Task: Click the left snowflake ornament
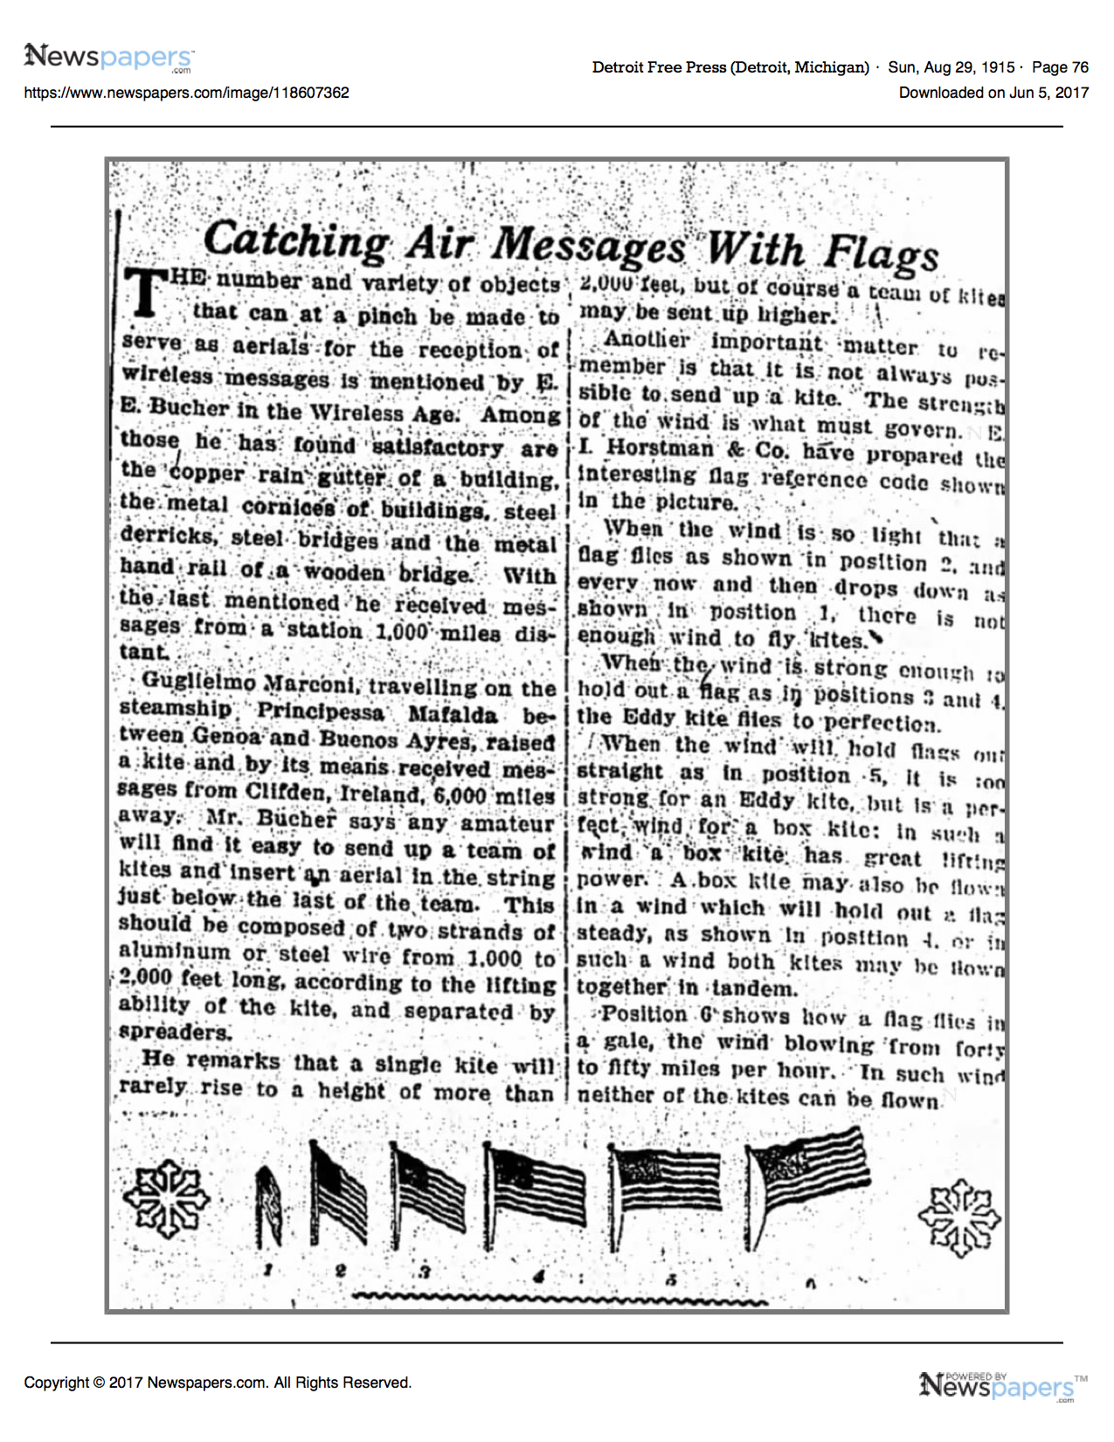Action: coord(166,1197)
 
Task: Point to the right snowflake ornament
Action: coord(958,1217)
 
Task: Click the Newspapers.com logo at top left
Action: coord(108,58)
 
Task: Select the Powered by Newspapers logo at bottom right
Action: coord(1002,1385)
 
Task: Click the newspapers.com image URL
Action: coord(186,93)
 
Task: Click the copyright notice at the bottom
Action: coord(218,1383)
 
